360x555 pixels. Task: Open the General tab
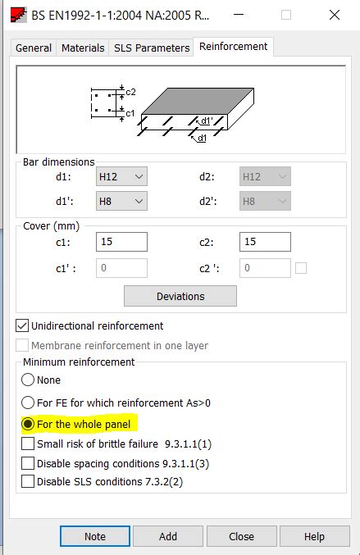[34, 48]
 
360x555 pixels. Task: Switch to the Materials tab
[83, 48]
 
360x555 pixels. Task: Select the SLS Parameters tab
[151, 48]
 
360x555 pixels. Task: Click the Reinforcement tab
[234, 47]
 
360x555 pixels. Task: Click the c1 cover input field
[121, 242]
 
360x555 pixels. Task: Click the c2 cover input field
[265, 242]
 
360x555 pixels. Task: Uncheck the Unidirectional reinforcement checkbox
[23, 325]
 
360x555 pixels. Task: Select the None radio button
[28, 380]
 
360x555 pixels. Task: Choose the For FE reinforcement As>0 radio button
[28, 403]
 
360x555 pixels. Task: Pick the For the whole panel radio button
[28, 425]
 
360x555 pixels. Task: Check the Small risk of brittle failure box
[29, 444]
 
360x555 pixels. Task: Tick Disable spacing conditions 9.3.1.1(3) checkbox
[29, 463]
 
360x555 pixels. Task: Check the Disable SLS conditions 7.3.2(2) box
[29, 482]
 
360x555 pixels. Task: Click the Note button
[95, 536]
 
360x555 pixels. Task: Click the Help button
[314, 536]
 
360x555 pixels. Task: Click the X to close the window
[335, 15]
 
